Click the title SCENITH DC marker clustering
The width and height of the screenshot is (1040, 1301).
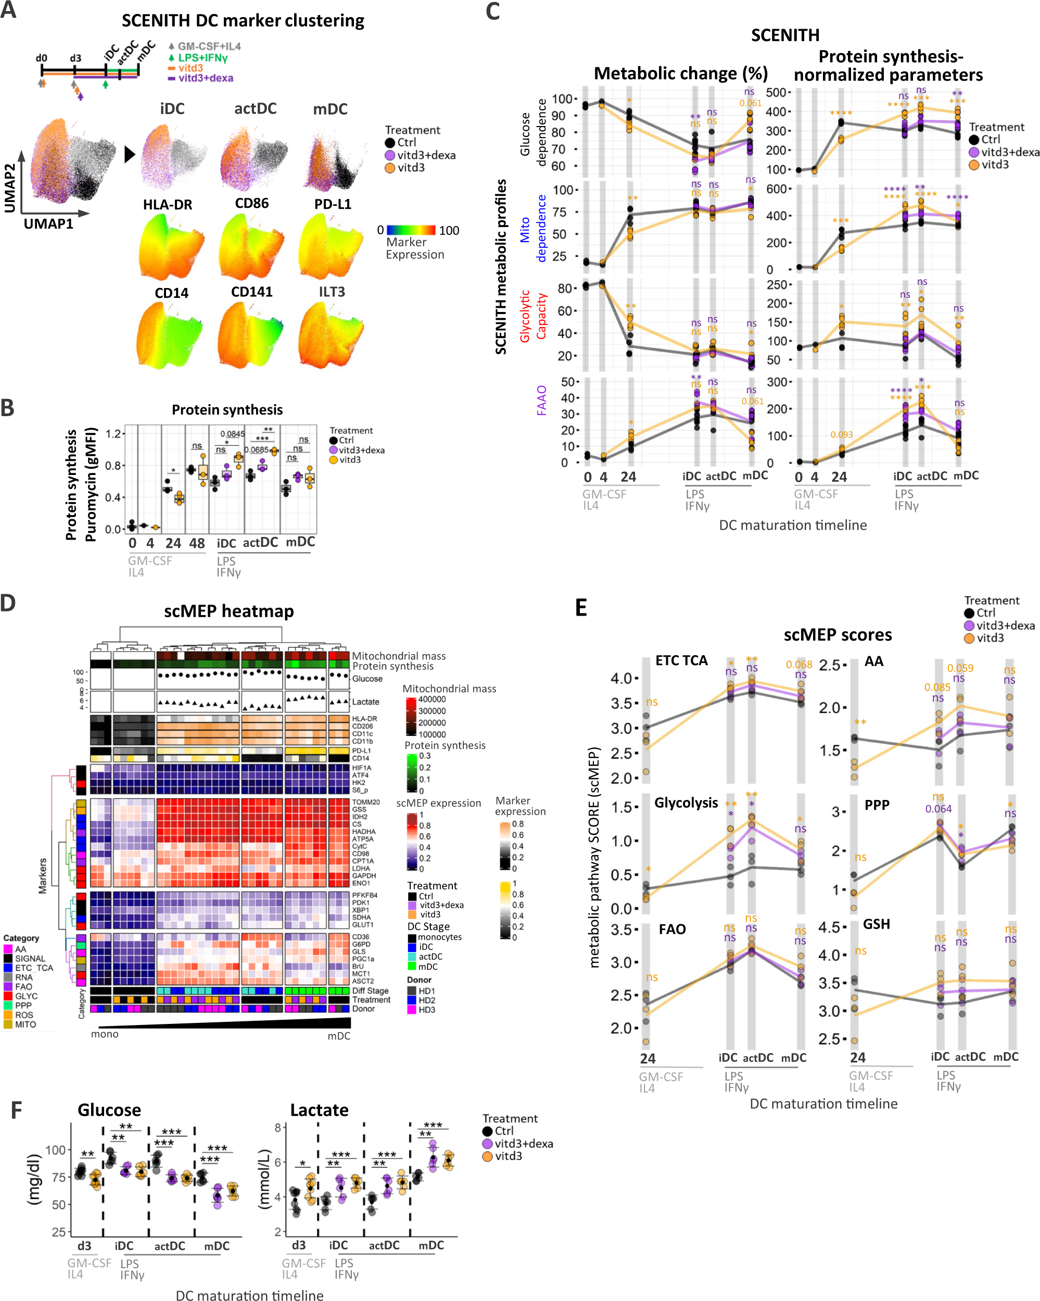point(243,21)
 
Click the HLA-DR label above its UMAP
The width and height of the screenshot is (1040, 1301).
point(167,205)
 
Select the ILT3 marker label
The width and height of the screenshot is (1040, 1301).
point(332,292)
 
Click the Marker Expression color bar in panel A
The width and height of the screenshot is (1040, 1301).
point(410,230)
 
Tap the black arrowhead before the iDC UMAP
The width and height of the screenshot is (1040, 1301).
point(129,155)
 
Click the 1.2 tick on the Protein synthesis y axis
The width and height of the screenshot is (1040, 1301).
point(113,433)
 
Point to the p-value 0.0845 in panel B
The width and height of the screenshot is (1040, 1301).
point(232,434)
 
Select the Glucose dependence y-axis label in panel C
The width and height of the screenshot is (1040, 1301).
point(532,133)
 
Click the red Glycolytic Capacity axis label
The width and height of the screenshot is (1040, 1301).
point(532,316)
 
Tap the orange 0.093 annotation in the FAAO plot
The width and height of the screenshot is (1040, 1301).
point(841,434)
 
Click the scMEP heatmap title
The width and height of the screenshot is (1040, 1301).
point(229,611)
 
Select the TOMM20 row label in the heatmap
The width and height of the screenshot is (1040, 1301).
point(366,802)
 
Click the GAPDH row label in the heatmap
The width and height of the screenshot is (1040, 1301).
point(364,875)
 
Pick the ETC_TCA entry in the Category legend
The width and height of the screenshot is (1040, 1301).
point(34,968)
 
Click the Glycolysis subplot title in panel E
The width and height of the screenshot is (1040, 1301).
point(686,803)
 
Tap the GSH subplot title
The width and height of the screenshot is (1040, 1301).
point(876,924)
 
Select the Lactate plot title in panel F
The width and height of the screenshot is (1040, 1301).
point(319,1110)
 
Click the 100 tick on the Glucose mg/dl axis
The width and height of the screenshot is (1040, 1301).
point(56,1150)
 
